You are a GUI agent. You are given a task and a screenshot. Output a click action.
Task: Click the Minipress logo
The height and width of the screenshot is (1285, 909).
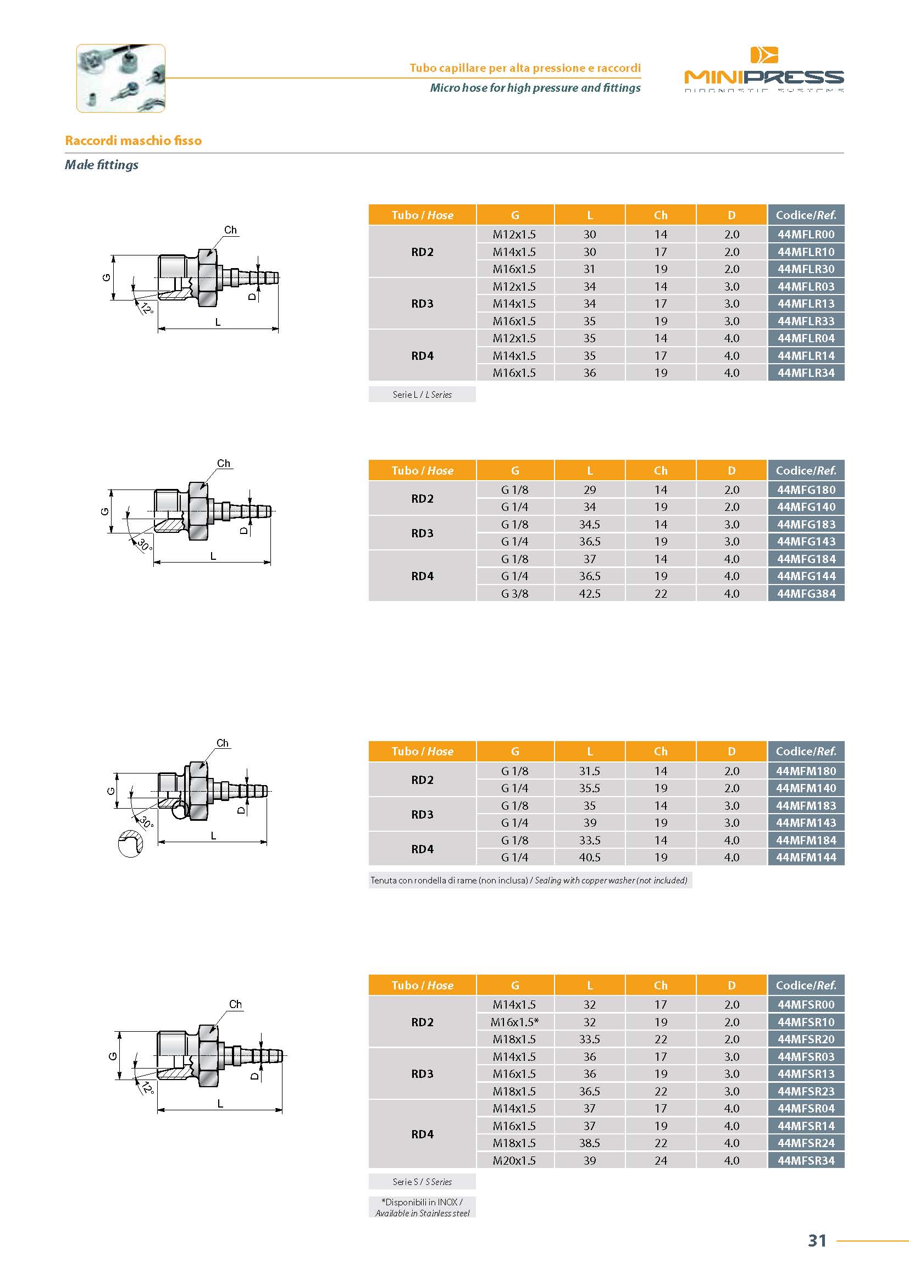763,69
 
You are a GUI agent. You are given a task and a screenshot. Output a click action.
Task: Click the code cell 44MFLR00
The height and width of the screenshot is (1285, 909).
806,235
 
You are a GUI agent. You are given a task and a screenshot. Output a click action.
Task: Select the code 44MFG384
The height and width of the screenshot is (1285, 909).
806,593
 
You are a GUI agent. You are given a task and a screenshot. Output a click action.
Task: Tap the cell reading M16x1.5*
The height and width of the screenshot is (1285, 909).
515,1022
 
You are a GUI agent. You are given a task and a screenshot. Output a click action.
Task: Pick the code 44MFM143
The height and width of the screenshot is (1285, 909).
806,823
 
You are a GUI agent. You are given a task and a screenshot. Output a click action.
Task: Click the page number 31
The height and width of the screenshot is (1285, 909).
817,1241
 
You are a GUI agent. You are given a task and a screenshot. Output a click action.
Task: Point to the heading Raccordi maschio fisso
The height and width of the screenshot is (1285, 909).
133,141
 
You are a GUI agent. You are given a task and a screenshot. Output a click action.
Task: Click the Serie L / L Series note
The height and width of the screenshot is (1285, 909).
422,394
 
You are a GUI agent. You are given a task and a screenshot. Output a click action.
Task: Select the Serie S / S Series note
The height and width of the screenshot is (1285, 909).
422,1182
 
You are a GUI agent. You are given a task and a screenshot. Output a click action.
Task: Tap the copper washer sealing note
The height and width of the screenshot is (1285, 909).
529,880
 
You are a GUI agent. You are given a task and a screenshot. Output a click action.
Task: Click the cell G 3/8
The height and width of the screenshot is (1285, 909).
515,593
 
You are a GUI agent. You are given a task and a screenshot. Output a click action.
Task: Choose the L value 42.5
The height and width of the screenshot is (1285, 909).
590,593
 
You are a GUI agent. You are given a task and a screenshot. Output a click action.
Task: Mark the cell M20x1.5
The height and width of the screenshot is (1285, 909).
515,1160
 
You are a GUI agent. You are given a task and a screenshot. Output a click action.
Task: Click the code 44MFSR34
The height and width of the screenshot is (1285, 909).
806,1160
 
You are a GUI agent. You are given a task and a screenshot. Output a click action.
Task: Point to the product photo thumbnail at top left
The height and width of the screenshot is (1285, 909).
121,79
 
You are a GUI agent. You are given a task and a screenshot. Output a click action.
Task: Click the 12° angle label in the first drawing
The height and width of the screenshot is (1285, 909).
147,308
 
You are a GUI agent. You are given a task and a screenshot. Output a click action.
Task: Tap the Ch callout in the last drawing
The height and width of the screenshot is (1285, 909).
236,1004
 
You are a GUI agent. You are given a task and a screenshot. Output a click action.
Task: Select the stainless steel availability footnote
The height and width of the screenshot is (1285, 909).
422,1207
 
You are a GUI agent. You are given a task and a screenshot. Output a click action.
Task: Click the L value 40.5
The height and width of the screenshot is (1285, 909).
590,858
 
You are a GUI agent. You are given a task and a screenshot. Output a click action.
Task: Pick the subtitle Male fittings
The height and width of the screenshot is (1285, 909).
101,165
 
